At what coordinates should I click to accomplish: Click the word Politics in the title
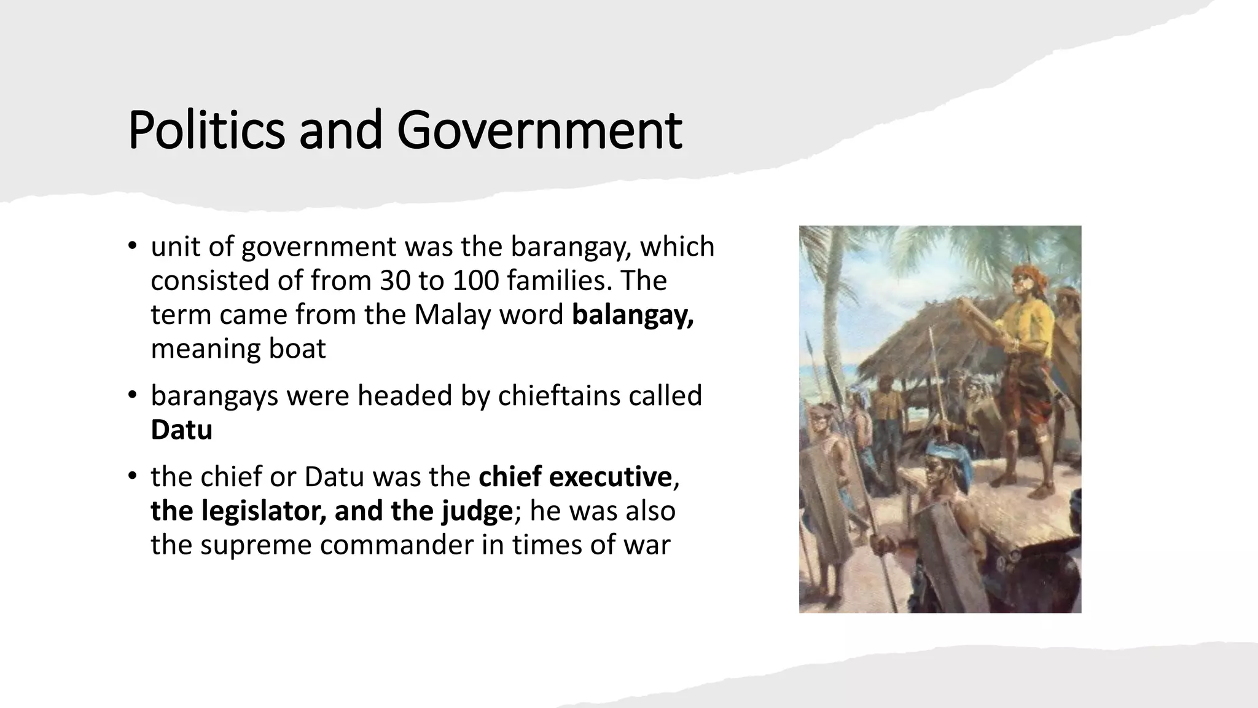pos(206,130)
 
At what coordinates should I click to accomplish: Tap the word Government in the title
pos(539,130)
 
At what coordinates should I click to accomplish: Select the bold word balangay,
pos(633,315)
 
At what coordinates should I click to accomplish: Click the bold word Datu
pos(181,430)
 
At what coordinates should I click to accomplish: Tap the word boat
pos(297,349)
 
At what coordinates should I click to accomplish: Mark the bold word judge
pos(476,511)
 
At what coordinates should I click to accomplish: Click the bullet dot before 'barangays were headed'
pos(131,395)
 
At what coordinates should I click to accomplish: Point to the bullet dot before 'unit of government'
pos(131,246)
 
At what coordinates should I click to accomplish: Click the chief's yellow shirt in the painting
pos(1032,326)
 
